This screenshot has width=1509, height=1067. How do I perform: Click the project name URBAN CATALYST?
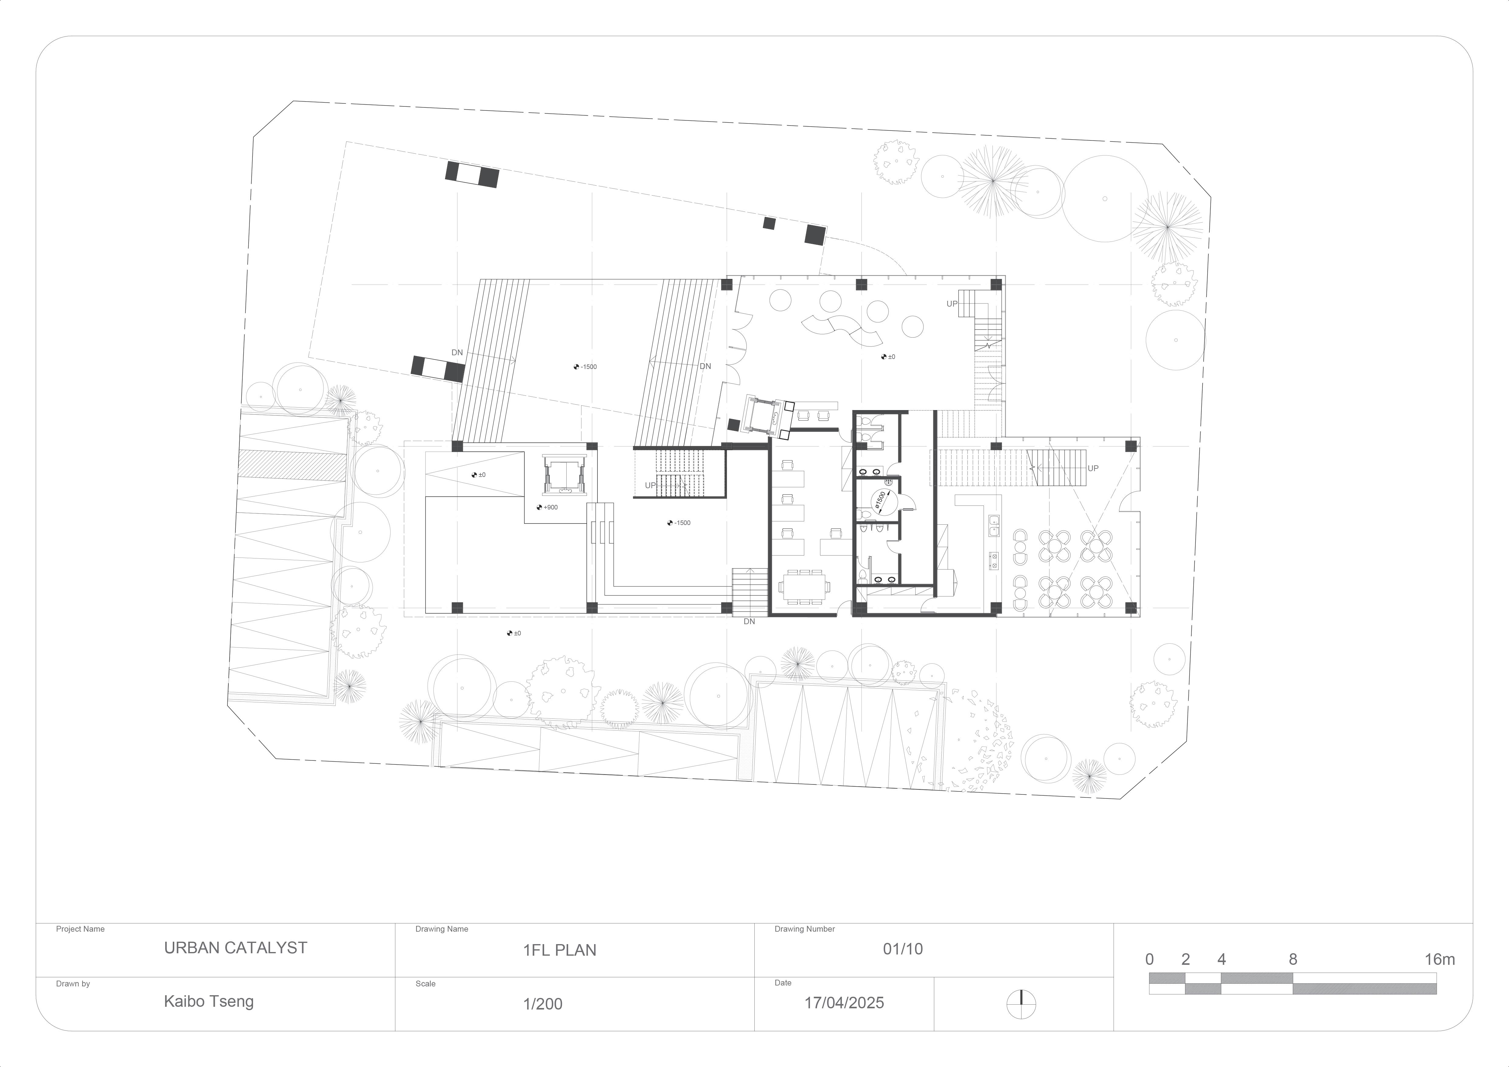pos(235,948)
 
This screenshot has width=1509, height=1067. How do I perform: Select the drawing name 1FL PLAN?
pos(559,950)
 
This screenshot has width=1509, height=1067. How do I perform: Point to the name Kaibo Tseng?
pos(208,1002)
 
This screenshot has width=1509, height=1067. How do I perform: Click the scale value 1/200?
pos(542,1004)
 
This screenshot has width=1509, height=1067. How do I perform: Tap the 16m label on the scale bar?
pos(1439,959)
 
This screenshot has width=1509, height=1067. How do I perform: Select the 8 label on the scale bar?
pos(1292,959)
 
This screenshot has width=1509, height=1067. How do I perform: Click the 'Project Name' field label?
pos(80,929)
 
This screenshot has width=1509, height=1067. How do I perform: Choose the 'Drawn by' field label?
pos(73,984)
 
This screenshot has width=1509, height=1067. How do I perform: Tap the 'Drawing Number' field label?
pos(805,929)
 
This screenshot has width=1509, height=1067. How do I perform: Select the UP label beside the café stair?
pos(1093,468)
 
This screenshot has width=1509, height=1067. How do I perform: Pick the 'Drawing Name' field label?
pos(442,929)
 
